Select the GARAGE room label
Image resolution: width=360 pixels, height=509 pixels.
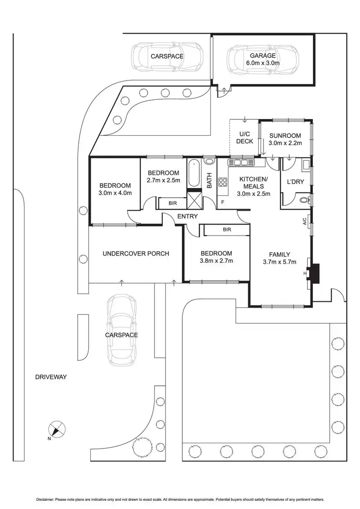tap(262, 56)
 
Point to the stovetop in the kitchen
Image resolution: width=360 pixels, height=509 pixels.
tap(223, 182)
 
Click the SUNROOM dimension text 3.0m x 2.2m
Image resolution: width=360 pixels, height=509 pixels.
tap(285, 143)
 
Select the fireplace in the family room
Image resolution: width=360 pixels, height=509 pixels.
tap(314, 273)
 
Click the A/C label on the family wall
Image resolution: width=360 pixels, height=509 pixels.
tap(304, 222)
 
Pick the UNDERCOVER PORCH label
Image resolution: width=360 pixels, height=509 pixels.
tap(136, 253)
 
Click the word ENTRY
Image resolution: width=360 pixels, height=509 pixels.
tap(187, 216)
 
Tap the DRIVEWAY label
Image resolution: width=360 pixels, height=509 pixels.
tap(50, 378)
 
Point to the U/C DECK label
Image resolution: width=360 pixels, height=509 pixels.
tap(244, 138)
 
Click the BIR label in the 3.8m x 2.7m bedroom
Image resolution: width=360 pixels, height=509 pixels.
tap(227, 230)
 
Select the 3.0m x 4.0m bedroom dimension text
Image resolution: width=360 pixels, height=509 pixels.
tap(115, 193)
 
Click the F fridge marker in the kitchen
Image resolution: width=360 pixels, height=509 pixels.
tap(222, 202)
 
